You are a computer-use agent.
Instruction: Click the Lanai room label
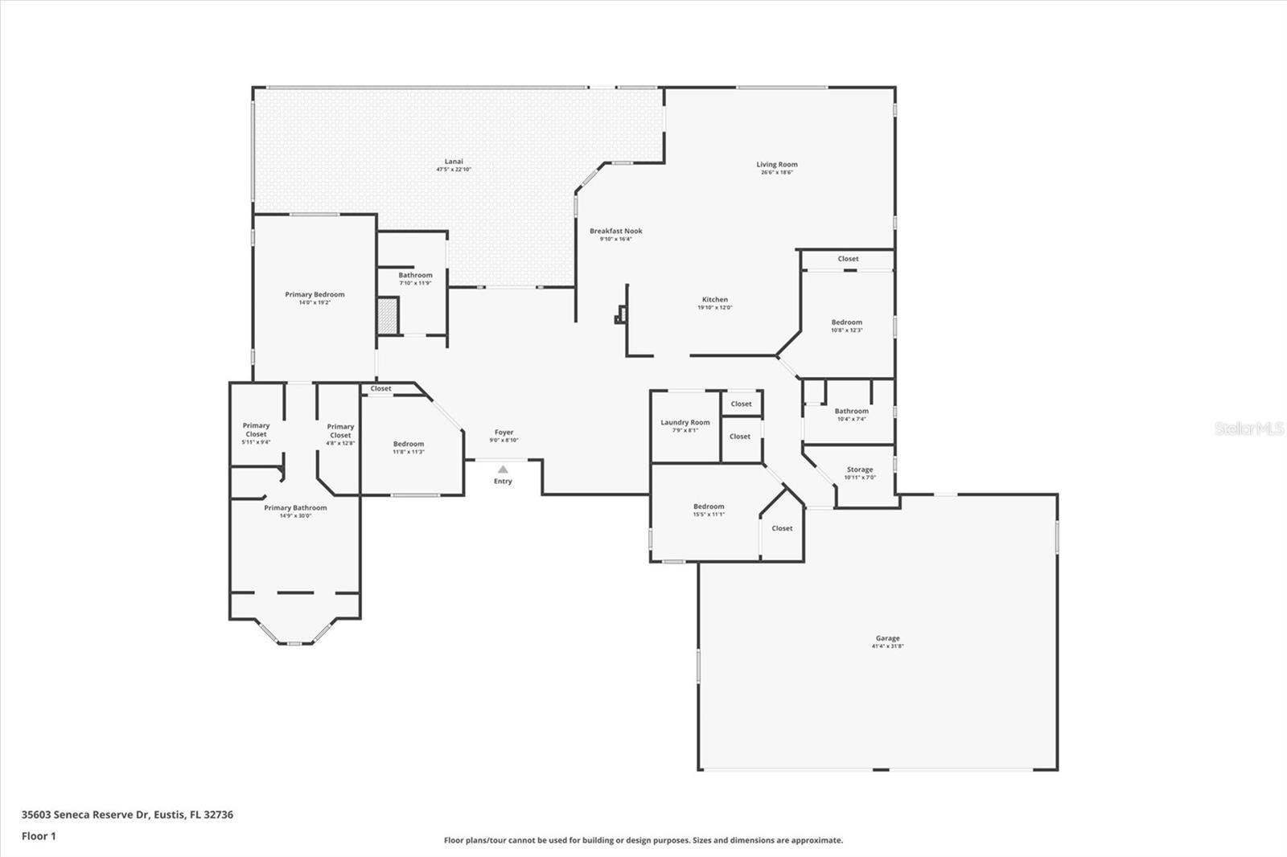point(454,162)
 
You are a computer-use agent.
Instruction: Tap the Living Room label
point(777,165)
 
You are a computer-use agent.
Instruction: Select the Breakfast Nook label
point(615,232)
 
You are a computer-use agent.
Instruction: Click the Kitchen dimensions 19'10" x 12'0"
point(714,308)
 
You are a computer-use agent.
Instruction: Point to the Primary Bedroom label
point(315,295)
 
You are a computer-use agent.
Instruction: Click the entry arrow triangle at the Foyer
point(503,470)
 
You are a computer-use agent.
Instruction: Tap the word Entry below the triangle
point(503,482)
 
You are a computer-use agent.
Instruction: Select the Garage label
point(887,638)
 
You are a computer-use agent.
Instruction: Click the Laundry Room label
point(685,423)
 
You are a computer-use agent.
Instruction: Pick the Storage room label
point(859,470)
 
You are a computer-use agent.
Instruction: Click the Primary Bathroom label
point(295,508)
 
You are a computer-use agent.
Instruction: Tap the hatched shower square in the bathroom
point(389,315)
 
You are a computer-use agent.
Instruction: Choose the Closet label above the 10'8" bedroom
point(848,259)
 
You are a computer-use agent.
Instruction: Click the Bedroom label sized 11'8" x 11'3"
point(408,444)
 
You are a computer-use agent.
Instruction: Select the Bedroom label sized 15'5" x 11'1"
point(709,506)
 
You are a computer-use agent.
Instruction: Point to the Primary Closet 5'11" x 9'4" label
point(256,430)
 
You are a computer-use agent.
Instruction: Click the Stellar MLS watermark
point(1248,429)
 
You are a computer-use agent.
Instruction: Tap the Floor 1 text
point(39,836)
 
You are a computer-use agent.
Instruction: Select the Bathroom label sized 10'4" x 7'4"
point(851,412)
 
